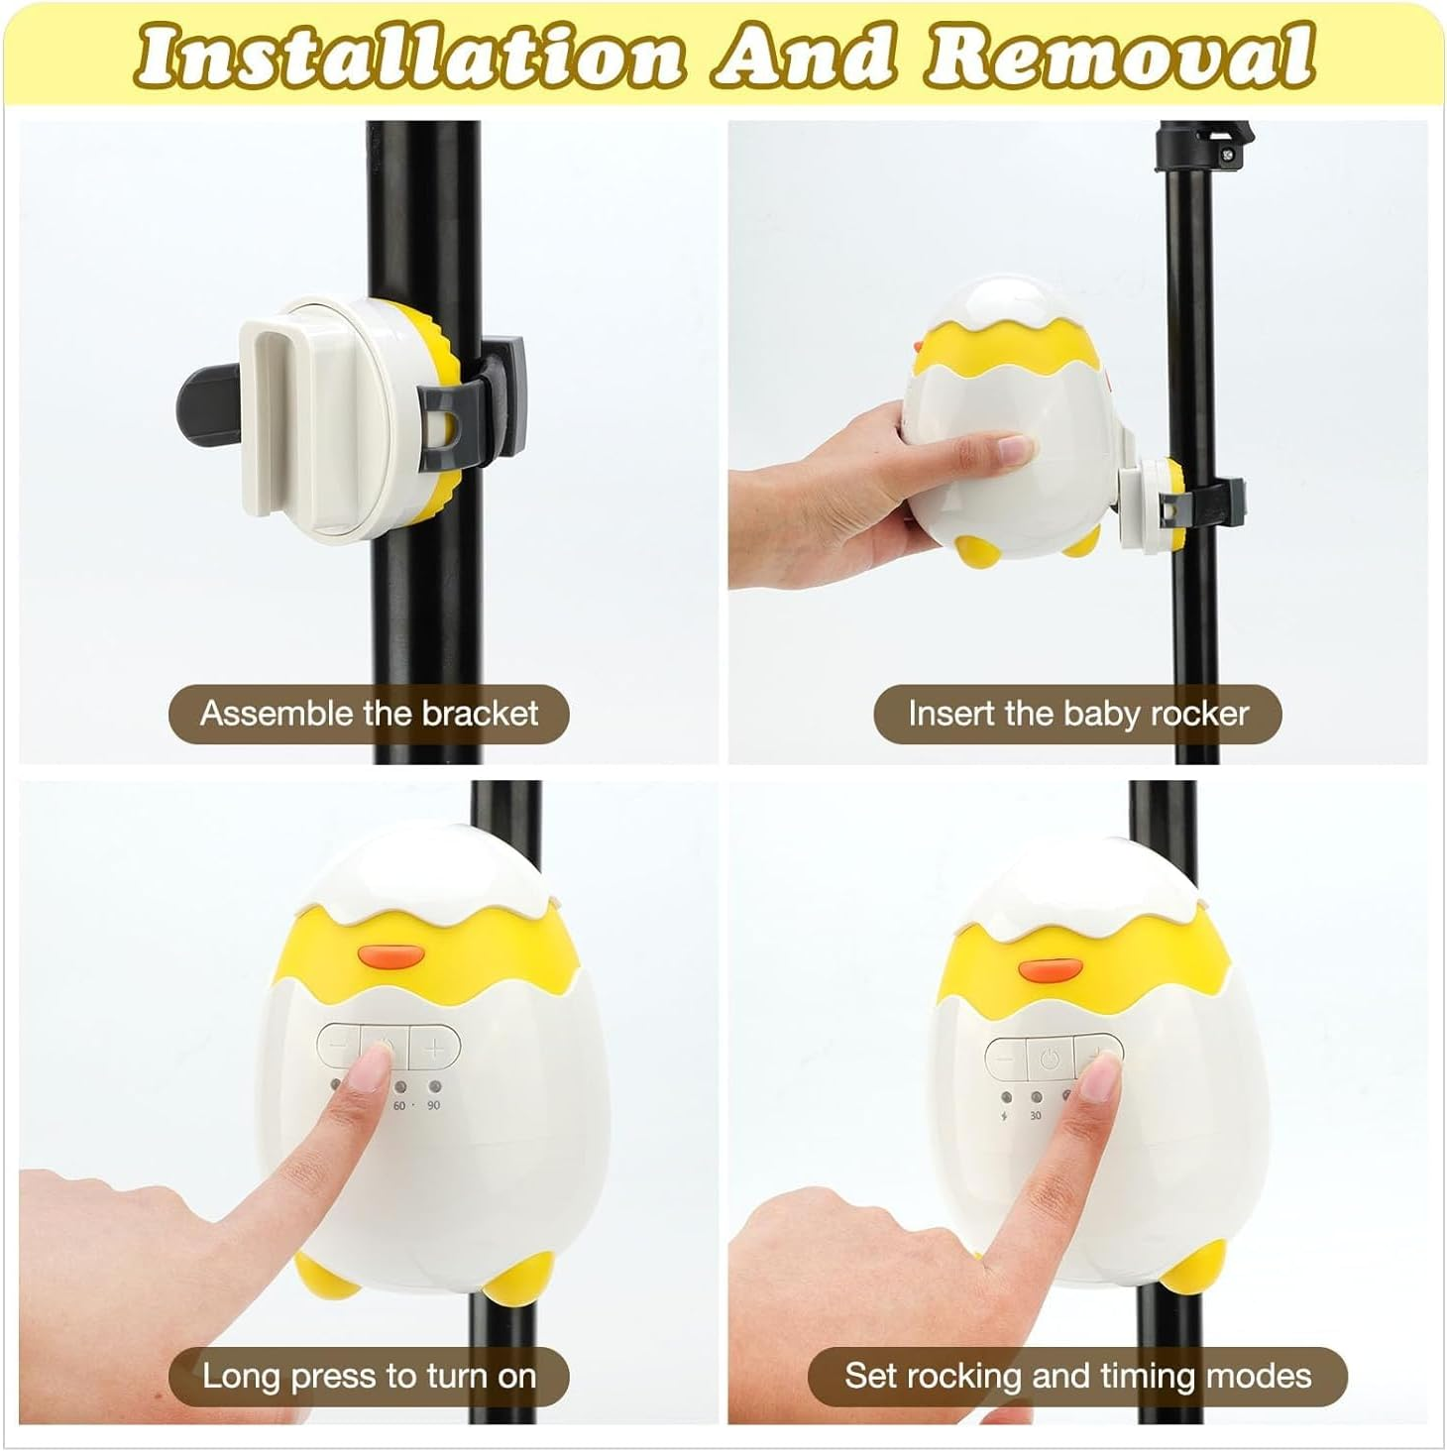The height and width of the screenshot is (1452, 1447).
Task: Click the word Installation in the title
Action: click(x=410, y=56)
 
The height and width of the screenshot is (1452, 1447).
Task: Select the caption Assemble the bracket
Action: click(x=369, y=714)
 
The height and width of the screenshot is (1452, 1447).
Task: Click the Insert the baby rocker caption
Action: click(x=1078, y=714)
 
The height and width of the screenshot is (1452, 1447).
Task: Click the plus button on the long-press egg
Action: click(x=434, y=1049)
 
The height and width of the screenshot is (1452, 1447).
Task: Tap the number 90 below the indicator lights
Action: click(x=433, y=1105)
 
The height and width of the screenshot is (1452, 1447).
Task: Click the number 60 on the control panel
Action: click(x=398, y=1105)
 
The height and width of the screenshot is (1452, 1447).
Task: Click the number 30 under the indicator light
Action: click(x=1036, y=1115)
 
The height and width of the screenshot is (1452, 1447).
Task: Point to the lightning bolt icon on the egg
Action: click(x=1004, y=1115)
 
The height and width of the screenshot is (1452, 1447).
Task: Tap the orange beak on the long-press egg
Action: click(x=390, y=956)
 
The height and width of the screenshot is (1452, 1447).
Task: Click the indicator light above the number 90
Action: click(x=434, y=1086)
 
